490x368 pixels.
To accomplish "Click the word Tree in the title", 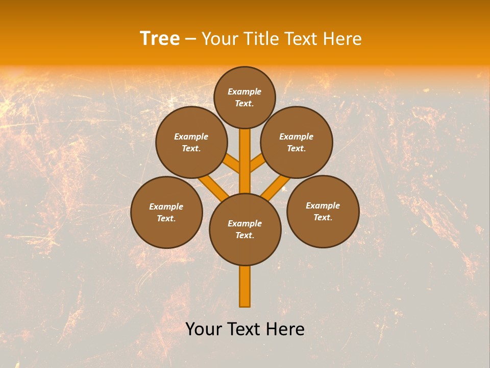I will [160, 38].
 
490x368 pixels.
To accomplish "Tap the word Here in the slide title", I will [342, 38].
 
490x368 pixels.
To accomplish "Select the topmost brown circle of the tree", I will [244, 97].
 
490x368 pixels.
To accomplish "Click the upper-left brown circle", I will [191, 142].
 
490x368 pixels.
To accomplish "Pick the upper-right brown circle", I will [297, 142].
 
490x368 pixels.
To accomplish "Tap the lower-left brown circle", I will [166, 212].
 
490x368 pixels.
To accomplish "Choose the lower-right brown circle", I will [323, 211].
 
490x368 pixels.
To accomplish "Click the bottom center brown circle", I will [245, 229].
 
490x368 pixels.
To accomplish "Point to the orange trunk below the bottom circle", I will [245, 286].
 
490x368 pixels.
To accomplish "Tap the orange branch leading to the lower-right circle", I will [276, 188].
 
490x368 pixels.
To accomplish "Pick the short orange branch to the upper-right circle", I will [258, 164].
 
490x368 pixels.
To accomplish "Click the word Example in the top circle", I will [244, 91].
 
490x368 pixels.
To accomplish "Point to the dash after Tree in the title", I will [190, 39].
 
